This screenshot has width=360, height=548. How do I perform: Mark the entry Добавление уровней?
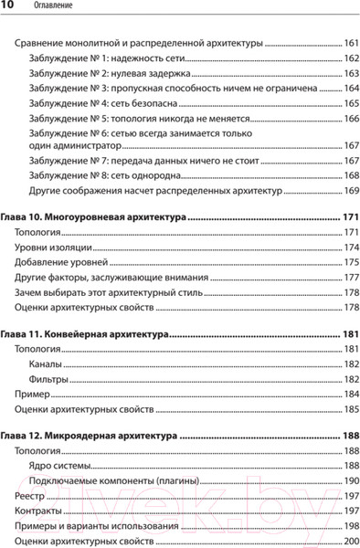pyautogui.click(x=61, y=262)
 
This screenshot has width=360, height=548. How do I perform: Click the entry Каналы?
pyautogui.click(x=48, y=364)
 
